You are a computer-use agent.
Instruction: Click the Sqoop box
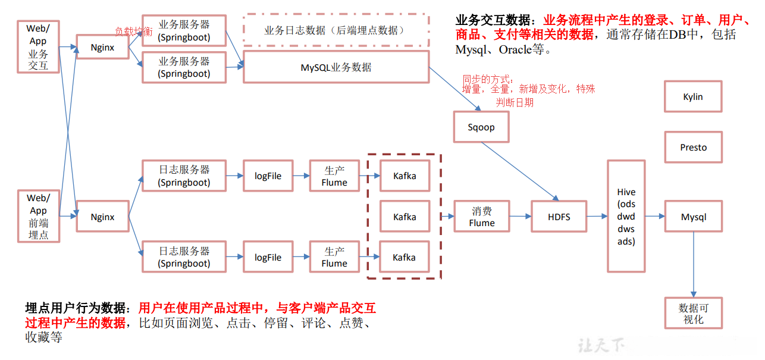[481, 127]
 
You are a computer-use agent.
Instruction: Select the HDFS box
[559, 217]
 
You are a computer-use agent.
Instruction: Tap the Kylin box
[693, 96]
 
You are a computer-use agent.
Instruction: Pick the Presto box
[693, 147]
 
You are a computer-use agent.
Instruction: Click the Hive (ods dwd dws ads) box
[626, 217]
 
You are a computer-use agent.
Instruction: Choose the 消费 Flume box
[481, 217]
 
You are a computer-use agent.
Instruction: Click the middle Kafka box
[405, 217]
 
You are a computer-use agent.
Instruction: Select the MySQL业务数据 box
[336, 67]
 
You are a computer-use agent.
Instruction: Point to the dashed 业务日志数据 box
[336, 30]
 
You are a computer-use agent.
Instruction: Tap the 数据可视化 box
[693, 313]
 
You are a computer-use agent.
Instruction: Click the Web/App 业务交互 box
[38, 47]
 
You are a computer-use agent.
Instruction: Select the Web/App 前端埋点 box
[38, 216]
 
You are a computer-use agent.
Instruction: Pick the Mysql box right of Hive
[693, 217]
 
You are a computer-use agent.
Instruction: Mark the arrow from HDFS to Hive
[596, 217]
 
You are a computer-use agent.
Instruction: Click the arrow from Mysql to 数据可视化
[693, 265]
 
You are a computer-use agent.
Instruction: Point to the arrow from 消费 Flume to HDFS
[521, 217]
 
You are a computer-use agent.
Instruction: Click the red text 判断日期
[515, 102]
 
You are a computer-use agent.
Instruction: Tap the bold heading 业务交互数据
[495, 20]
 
